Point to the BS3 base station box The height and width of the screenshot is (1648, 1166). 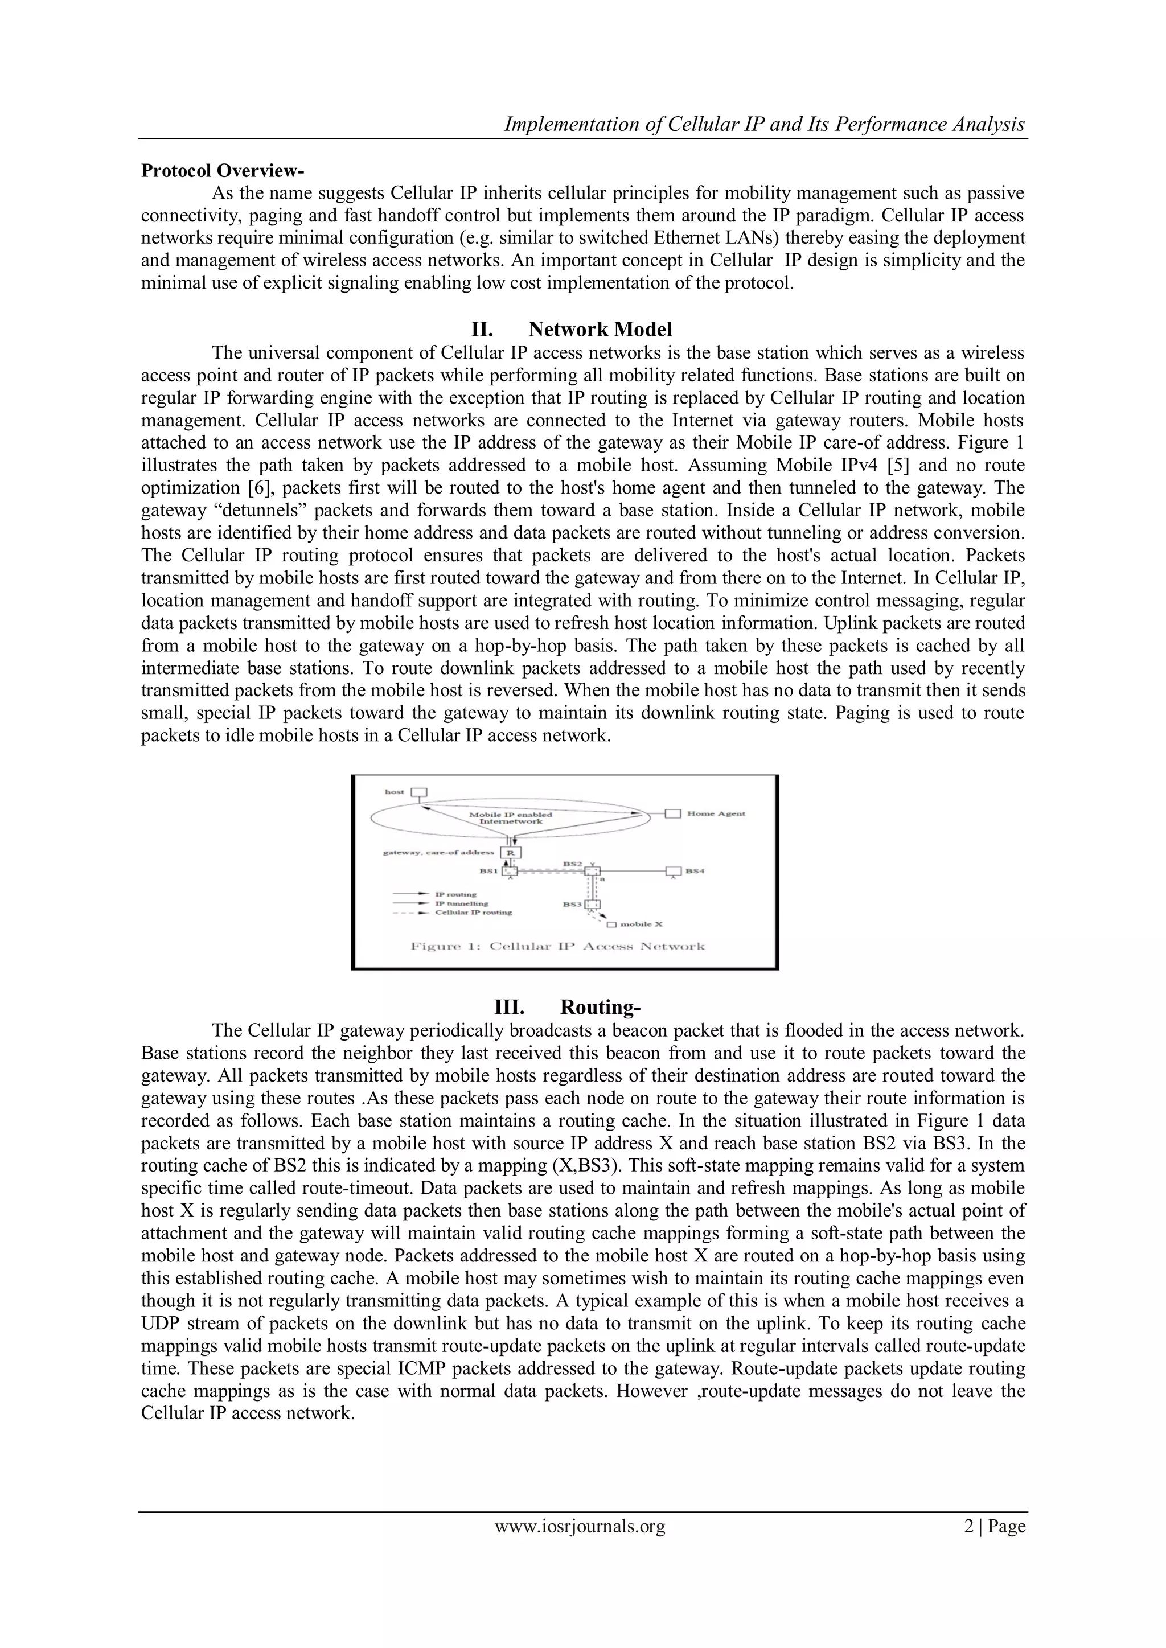coord(591,905)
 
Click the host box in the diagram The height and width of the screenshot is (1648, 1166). coord(418,792)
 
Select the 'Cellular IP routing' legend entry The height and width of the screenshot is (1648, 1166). coord(473,913)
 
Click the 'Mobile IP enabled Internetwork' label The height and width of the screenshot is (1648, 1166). coord(511,817)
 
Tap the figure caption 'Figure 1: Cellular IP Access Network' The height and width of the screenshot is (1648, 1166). coord(557,946)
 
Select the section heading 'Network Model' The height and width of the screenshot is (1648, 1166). coord(600,330)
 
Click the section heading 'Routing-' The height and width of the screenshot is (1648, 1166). coord(600,1007)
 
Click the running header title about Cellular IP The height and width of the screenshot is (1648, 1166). coord(764,124)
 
